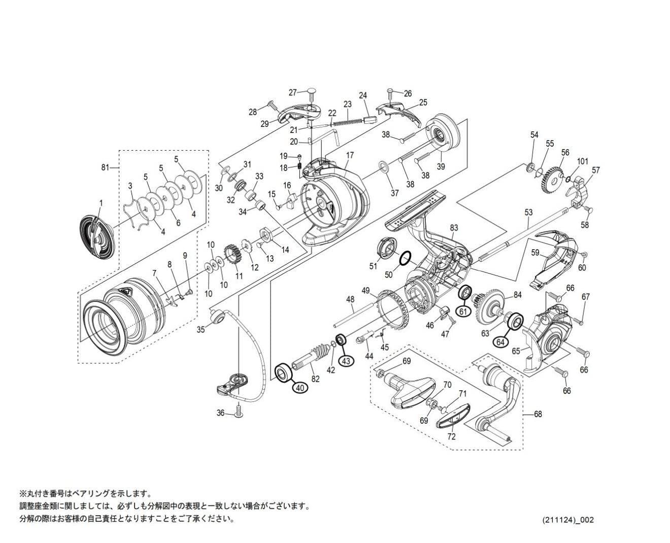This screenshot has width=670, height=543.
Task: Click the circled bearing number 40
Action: click(299, 387)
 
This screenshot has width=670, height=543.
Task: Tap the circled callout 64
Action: click(500, 342)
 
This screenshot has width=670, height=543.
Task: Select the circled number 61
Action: click(463, 312)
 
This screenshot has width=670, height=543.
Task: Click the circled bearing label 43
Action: click(346, 361)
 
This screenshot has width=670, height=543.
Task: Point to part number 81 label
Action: click(106, 167)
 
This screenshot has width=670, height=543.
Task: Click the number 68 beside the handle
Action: click(538, 414)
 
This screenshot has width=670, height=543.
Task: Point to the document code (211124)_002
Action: click(568, 520)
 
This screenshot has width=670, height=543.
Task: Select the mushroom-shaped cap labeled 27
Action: click(310, 93)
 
